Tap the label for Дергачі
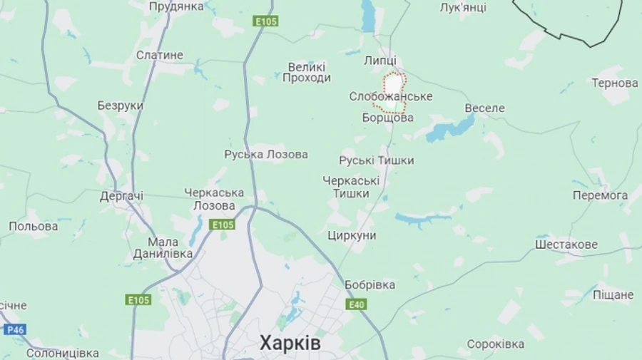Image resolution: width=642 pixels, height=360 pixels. tap(121, 195)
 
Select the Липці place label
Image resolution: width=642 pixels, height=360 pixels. tap(379, 61)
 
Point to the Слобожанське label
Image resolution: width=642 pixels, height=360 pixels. tap(390, 96)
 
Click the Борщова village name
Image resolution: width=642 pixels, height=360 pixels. tap(387, 118)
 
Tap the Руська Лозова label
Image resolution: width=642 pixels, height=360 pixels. tap(266, 154)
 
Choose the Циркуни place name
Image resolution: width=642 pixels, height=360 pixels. tap(352, 235)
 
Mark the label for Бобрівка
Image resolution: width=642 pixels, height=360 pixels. tap(370, 284)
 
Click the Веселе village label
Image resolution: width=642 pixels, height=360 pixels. tap(484, 108)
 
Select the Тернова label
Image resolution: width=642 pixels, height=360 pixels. tap(614, 83)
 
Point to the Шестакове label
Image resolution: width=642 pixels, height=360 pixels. tap(566, 245)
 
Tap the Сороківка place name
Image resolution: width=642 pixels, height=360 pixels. tap(496, 344)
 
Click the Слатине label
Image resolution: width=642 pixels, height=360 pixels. tap(159, 55)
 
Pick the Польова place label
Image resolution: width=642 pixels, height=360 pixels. tap(34, 226)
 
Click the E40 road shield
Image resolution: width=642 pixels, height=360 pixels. tap(356, 304)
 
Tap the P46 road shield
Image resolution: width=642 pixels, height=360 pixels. tap(14, 329)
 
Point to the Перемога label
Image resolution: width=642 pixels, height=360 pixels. tap(600, 195)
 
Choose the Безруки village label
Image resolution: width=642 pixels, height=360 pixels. tap(120, 106)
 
